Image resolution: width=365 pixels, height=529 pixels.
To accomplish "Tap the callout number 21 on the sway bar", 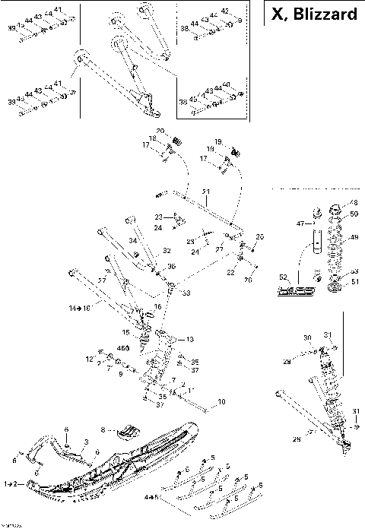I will pos(205,191).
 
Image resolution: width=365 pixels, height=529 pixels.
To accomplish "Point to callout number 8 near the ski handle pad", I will pos(104,429).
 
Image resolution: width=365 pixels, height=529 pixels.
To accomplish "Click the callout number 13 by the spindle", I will pos(189,339).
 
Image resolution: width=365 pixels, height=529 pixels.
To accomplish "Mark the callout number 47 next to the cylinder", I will pos(300,224).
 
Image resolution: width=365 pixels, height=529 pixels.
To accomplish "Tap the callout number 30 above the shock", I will pos(307,337).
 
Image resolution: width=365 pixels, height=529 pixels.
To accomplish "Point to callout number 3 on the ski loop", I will pos(86,442).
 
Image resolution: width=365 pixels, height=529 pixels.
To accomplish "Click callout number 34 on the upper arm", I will pos(132,241).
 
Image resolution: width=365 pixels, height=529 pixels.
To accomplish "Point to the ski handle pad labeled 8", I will pos(129,432).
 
